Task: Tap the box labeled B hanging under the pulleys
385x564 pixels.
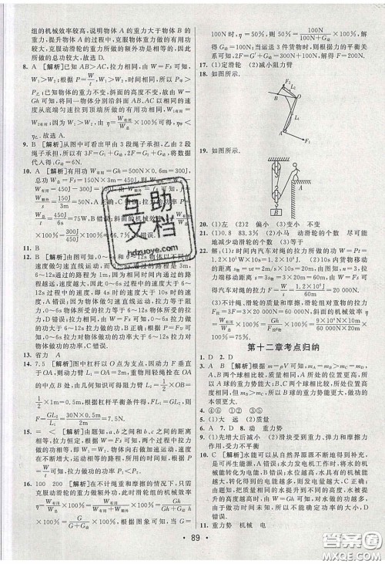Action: pos(276,212)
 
